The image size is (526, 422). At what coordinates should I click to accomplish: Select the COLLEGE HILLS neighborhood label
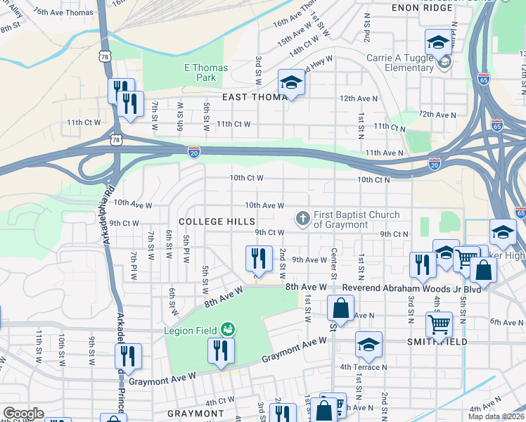click(217, 221)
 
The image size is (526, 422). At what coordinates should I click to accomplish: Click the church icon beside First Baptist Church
click(303, 219)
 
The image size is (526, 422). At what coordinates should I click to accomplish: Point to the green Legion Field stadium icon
click(227, 329)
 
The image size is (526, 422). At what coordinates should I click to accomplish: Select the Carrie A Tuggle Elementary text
click(399, 63)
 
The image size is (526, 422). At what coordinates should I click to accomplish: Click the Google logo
click(23, 414)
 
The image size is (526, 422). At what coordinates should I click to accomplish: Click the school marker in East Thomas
click(291, 83)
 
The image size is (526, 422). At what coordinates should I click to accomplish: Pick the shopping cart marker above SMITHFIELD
click(440, 326)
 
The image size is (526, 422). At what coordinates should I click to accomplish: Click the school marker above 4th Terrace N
click(368, 345)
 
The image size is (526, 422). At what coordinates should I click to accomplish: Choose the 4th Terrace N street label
click(363, 366)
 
